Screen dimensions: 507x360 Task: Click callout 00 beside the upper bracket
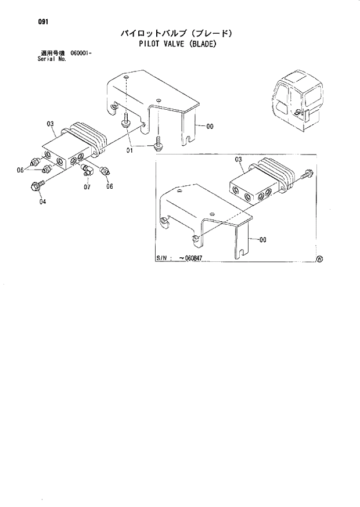click(209, 126)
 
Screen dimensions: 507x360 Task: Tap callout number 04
click(42, 202)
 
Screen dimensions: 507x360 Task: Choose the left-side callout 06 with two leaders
click(20, 170)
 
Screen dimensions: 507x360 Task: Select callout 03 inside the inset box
click(238, 159)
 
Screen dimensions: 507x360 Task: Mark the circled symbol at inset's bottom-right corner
click(319, 260)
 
